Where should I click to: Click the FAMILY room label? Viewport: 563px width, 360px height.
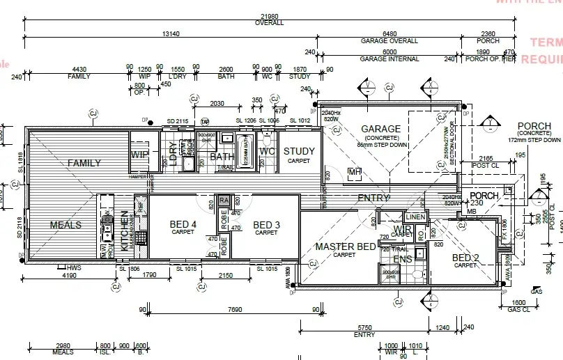(84, 164)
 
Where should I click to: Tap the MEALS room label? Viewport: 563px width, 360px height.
(65, 225)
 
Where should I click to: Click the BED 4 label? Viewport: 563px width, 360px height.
(183, 224)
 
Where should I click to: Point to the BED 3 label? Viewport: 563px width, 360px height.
(266, 224)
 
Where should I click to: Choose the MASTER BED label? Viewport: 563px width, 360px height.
(345, 246)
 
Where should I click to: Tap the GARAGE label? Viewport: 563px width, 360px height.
(380, 129)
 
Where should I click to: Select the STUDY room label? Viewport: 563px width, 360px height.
(299, 151)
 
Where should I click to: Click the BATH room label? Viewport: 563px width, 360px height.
(222, 157)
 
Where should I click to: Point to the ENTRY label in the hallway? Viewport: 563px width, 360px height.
(373, 198)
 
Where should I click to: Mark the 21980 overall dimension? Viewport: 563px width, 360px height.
(268, 16)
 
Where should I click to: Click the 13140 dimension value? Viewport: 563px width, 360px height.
(171, 34)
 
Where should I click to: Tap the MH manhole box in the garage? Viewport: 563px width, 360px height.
(355, 172)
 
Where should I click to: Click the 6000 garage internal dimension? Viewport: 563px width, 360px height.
(390, 52)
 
